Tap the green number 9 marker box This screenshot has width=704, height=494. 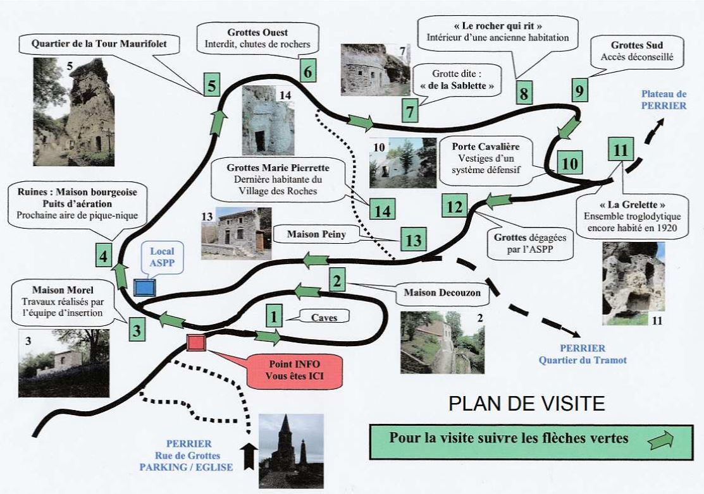pyautogui.click(x=579, y=90)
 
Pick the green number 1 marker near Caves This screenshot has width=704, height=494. pyautogui.click(x=273, y=315)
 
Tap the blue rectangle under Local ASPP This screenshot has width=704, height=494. pyautogui.click(x=145, y=287)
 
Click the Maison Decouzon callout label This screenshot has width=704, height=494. pyautogui.click(x=442, y=293)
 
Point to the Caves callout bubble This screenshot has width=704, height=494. pyautogui.click(x=324, y=318)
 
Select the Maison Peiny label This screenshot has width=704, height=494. pyautogui.click(x=312, y=234)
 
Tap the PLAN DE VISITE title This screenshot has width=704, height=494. pyautogui.click(x=527, y=404)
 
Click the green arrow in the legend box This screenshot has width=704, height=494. pyautogui.click(x=662, y=440)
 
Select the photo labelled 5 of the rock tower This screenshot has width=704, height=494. pyautogui.click(x=74, y=112)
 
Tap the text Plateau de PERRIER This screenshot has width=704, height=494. pyautogui.click(x=664, y=100)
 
